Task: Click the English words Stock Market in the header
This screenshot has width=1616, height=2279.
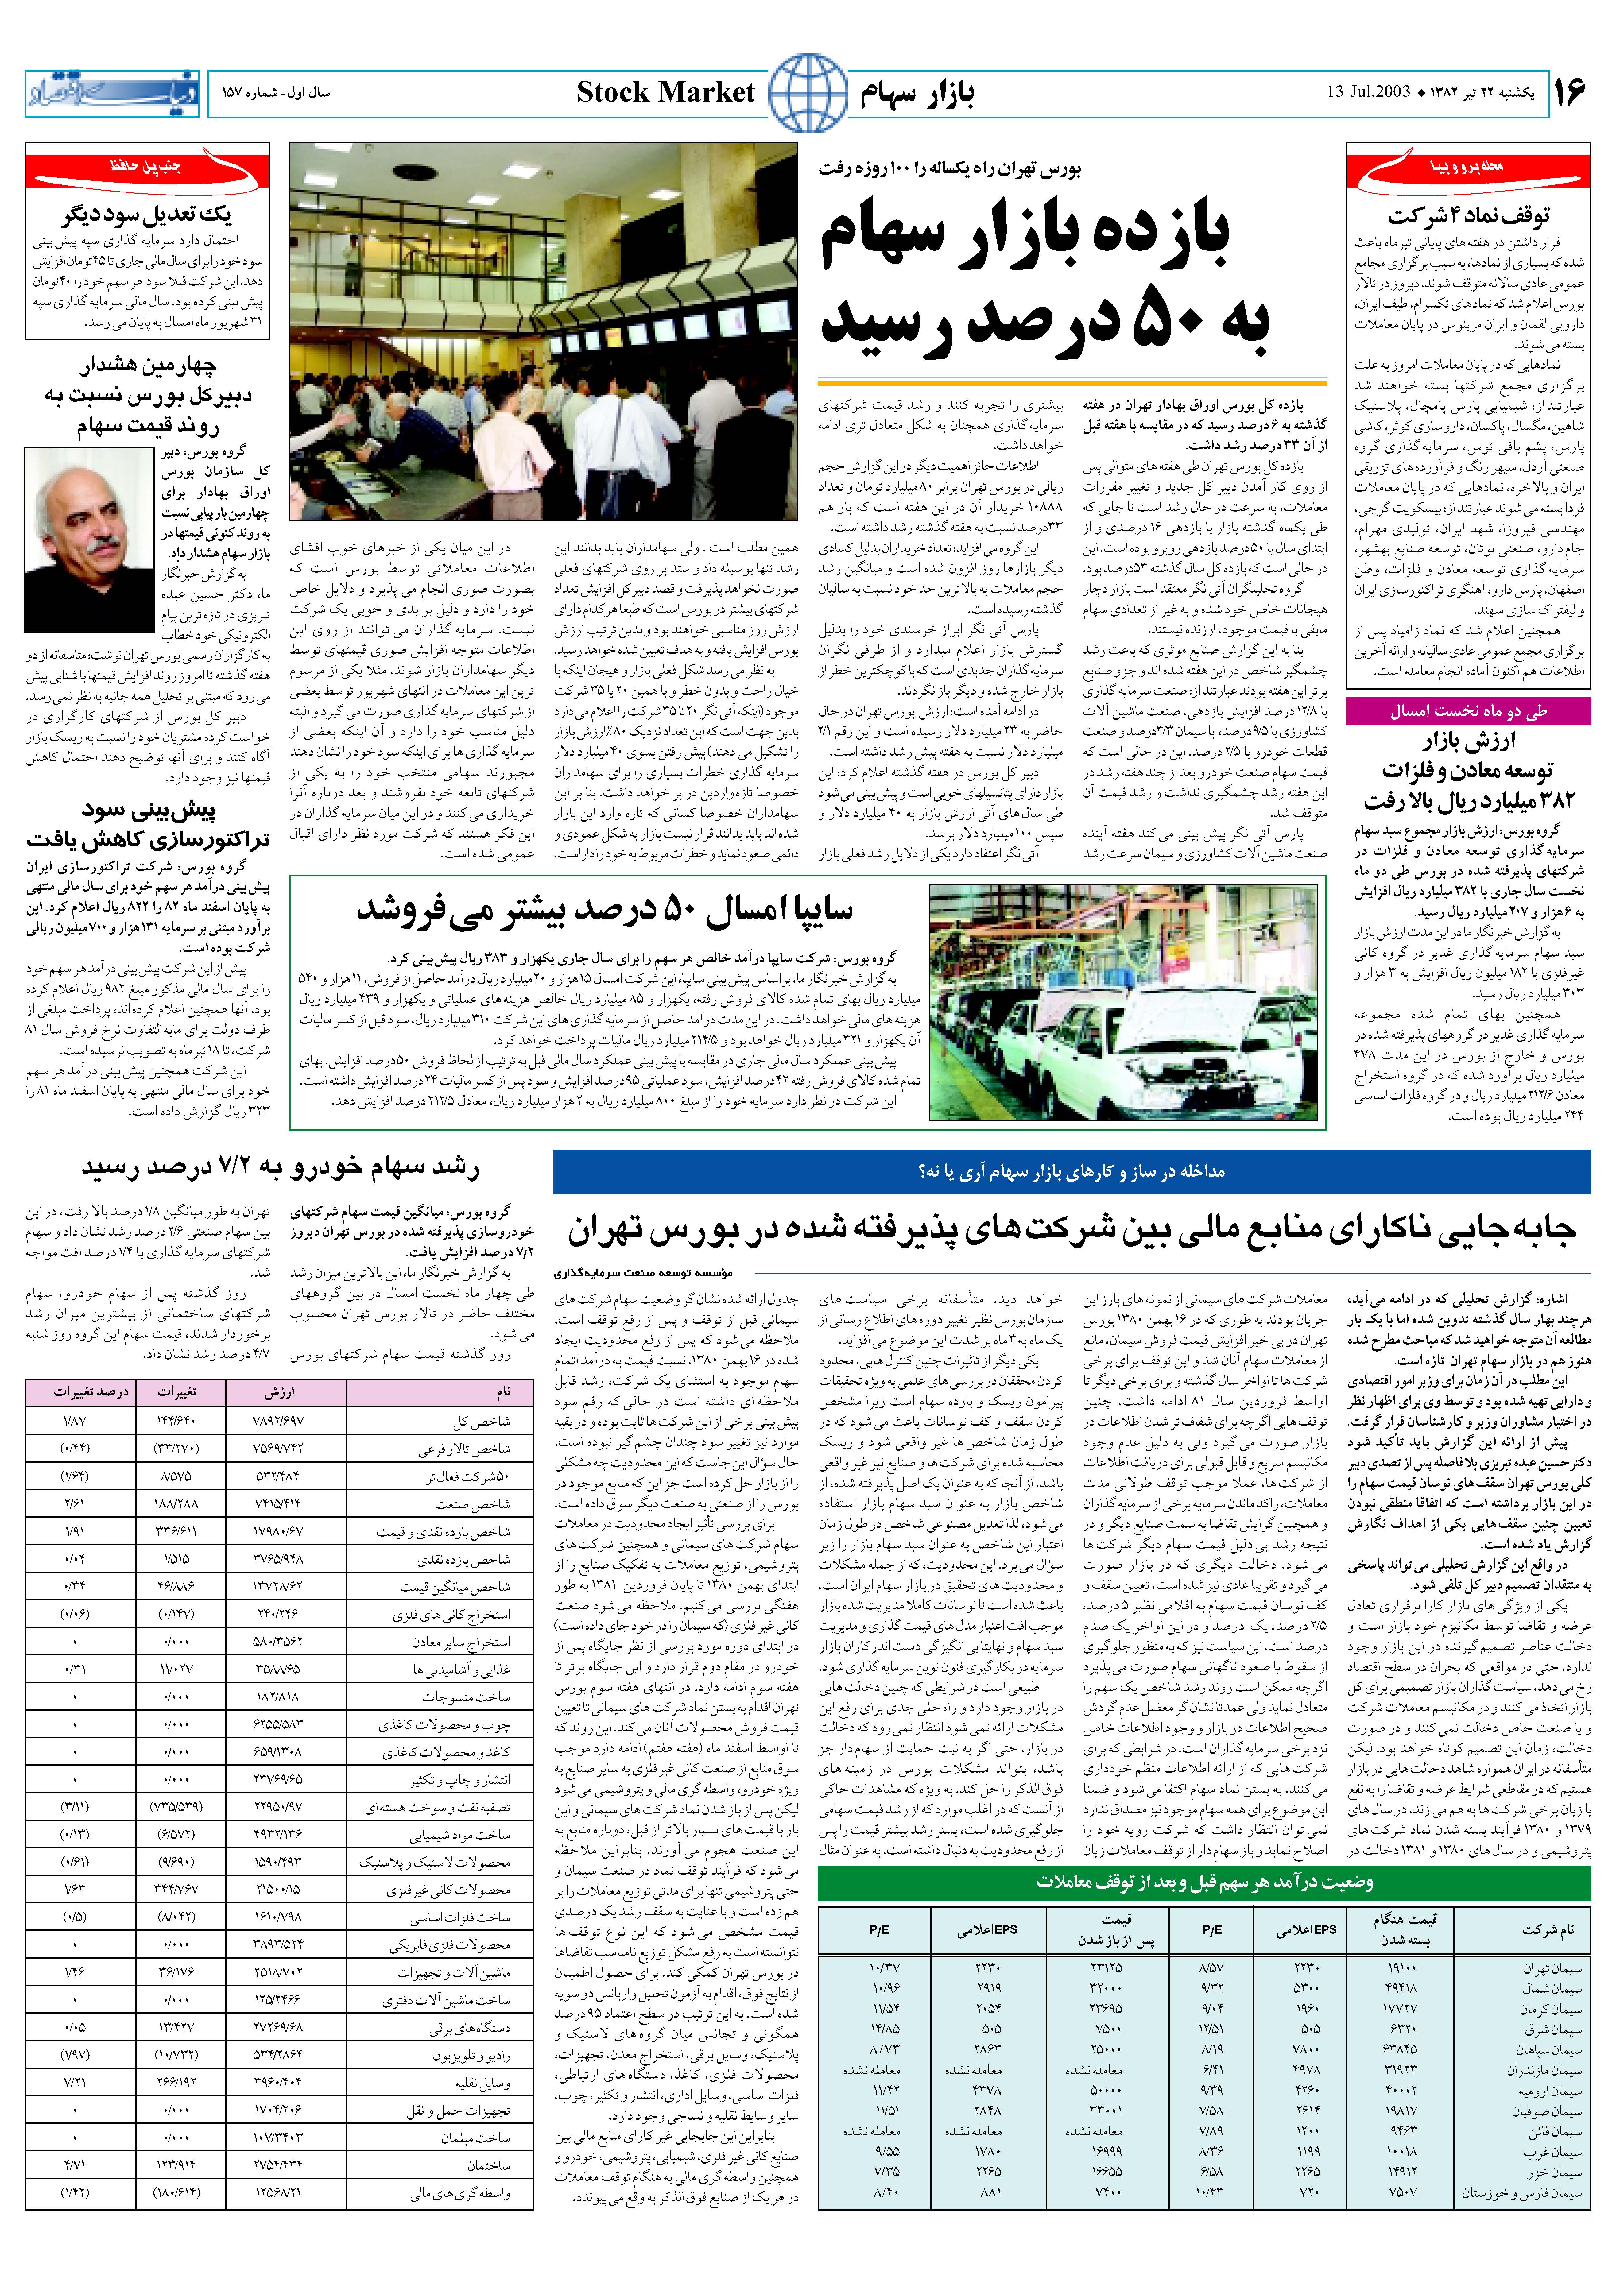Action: tap(666, 94)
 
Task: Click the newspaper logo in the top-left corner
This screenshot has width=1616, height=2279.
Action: tap(111, 94)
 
